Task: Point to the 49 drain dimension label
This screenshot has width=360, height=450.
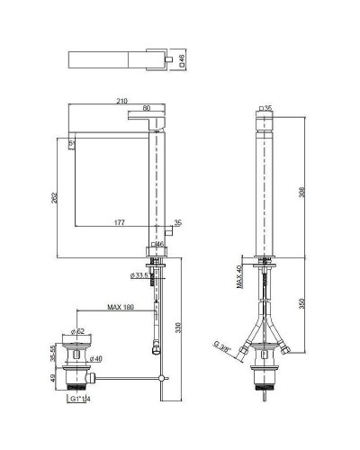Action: point(52,379)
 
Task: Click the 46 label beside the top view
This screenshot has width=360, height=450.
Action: point(184,59)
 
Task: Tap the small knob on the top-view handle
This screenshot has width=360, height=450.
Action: point(167,59)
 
